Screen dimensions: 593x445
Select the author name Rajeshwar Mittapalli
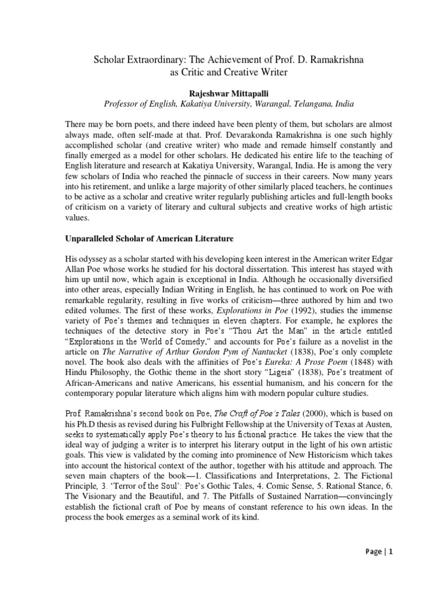click(x=222, y=91)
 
